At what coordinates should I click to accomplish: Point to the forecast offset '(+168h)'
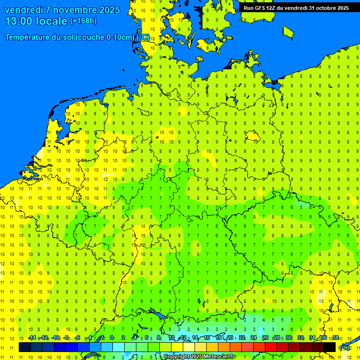(x=83, y=21)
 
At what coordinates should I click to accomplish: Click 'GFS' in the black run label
(x=260, y=8)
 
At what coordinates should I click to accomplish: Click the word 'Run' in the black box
(x=248, y=8)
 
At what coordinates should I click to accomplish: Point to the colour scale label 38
(x=336, y=337)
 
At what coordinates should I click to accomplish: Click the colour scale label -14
(x=32, y=337)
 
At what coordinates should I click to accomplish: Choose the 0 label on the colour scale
(x=112, y=337)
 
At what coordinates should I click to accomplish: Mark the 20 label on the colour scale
(x=230, y=337)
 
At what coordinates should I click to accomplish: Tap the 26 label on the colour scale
(x=265, y=337)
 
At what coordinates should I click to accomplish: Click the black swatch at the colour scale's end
(x=330, y=347)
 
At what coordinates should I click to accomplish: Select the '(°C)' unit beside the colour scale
(x=345, y=347)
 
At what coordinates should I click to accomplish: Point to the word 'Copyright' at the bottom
(x=176, y=357)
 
